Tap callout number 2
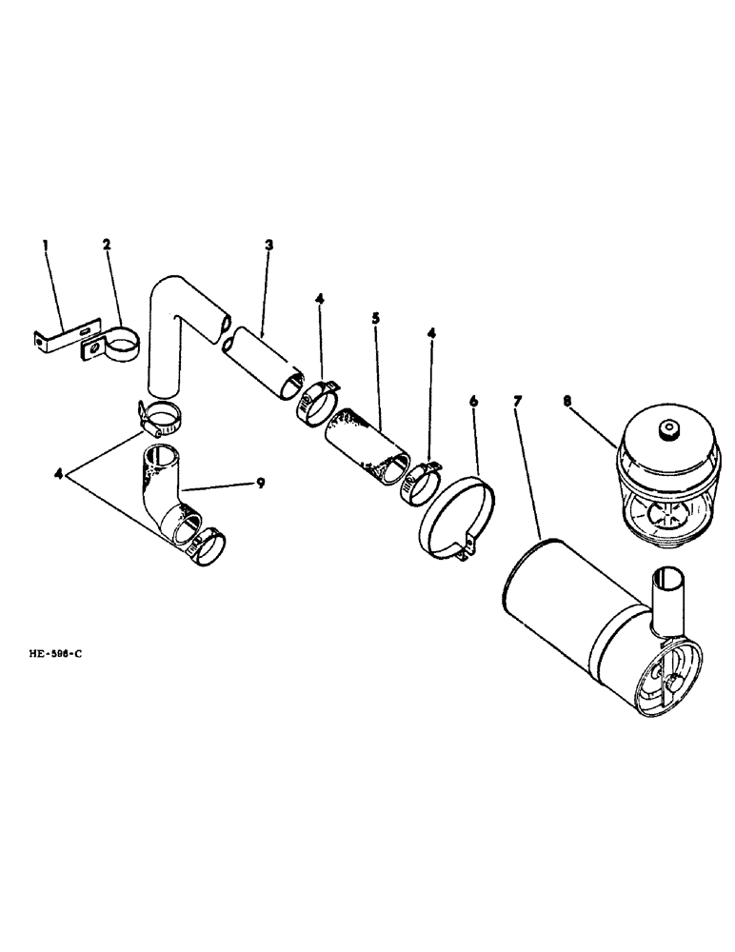click(x=107, y=245)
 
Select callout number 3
click(x=269, y=245)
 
